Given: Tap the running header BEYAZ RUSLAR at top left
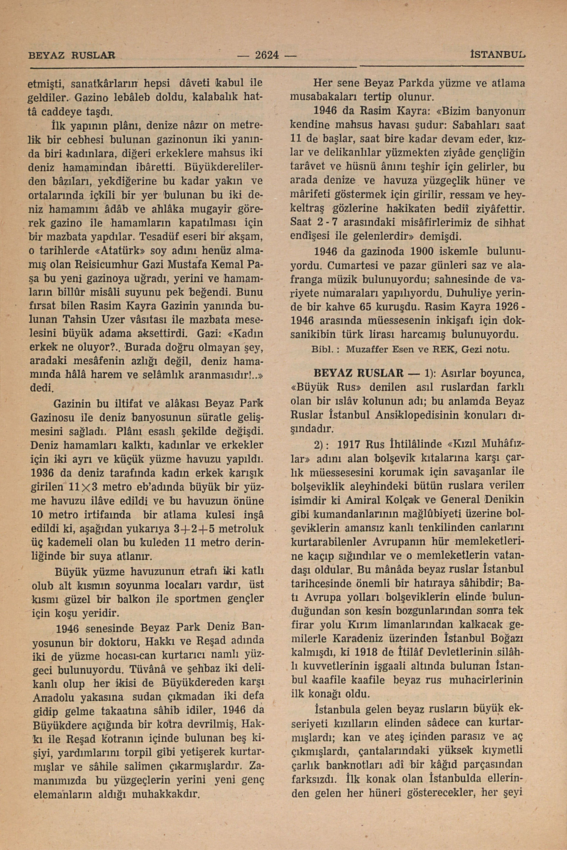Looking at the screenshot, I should pos(71,56).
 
